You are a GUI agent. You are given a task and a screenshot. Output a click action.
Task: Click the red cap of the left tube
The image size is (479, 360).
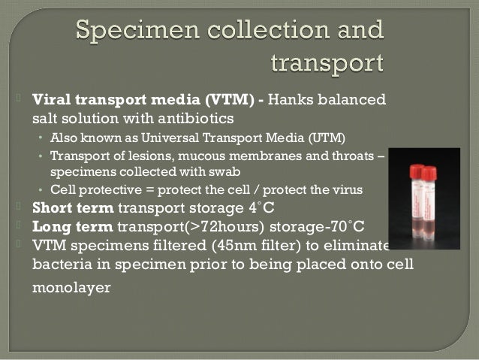click(x=417, y=171)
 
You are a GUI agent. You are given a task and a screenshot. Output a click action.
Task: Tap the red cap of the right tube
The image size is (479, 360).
click(x=429, y=174)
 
